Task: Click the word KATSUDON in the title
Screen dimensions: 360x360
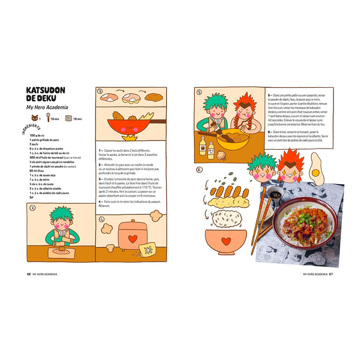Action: point(46,90)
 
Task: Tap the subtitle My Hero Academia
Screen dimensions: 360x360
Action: point(48,107)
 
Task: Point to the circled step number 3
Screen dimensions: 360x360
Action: point(100,91)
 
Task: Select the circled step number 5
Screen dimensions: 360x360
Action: point(199,92)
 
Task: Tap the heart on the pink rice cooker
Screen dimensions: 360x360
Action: point(132,238)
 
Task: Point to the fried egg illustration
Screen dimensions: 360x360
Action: point(317,169)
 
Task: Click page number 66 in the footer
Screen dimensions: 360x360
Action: point(29,274)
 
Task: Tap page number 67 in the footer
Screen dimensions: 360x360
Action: point(331,274)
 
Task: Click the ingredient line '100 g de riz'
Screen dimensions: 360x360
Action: point(40,136)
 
